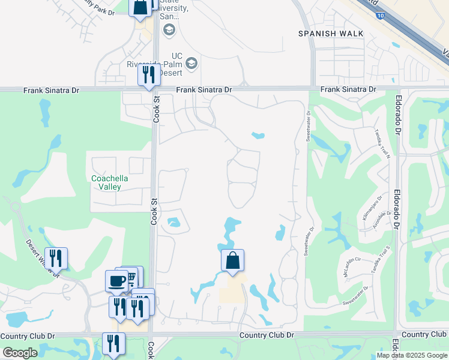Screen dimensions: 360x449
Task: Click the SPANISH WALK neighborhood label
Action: point(331,34)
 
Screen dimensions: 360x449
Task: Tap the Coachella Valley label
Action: point(106,182)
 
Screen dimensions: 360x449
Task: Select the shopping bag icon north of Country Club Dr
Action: point(232,261)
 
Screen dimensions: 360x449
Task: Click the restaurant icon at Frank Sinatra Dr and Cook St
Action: point(149,74)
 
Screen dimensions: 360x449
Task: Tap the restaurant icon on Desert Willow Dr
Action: point(56,259)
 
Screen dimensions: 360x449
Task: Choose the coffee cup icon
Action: point(116,280)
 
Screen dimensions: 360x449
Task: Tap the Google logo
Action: point(20,353)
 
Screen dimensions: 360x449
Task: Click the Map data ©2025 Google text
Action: point(411,355)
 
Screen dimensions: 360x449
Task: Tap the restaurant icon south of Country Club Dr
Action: point(113,343)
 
